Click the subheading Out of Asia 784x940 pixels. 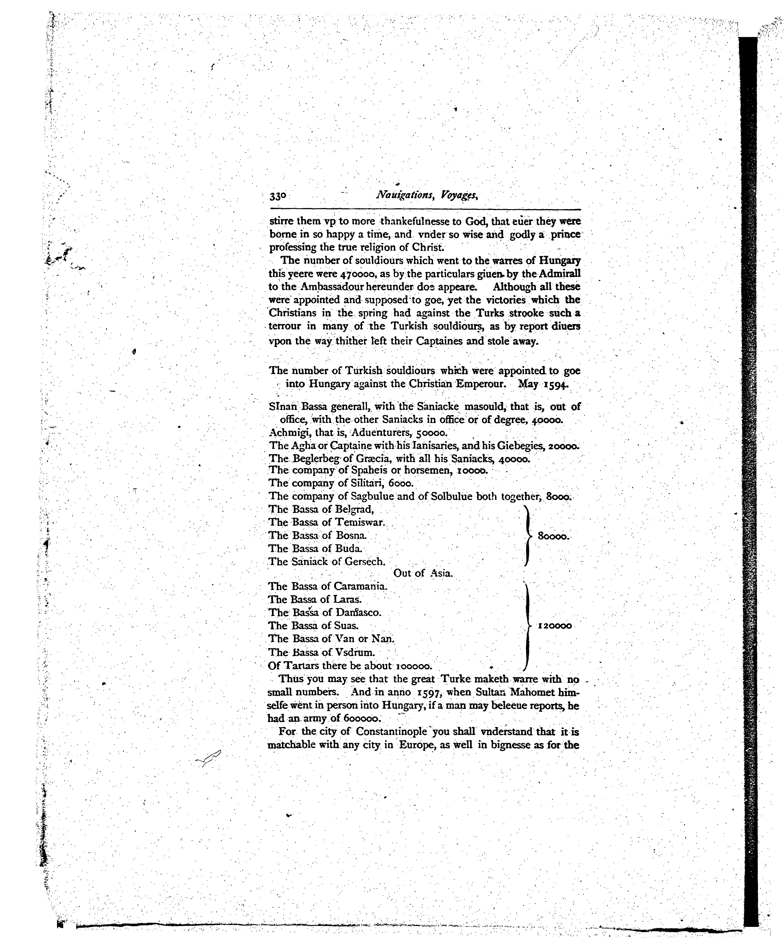pos(423,573)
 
